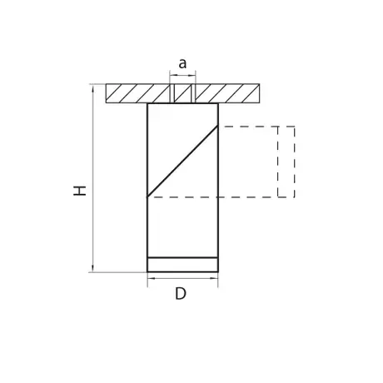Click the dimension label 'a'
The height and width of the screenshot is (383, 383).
coord(182,63)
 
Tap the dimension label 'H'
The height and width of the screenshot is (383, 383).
coord(80,191)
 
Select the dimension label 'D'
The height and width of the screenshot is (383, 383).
coord(181,294)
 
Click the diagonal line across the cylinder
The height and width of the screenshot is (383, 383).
coord(182,162)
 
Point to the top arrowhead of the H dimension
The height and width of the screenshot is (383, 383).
coord(92,88)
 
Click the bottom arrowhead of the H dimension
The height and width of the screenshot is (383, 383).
coord(92,268)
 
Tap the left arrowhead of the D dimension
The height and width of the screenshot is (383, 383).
coord(152,278)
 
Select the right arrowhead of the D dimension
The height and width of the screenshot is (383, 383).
coord(214,278)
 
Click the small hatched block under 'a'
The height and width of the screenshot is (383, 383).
coord(182,93)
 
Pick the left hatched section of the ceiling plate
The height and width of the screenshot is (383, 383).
coord(138,93)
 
